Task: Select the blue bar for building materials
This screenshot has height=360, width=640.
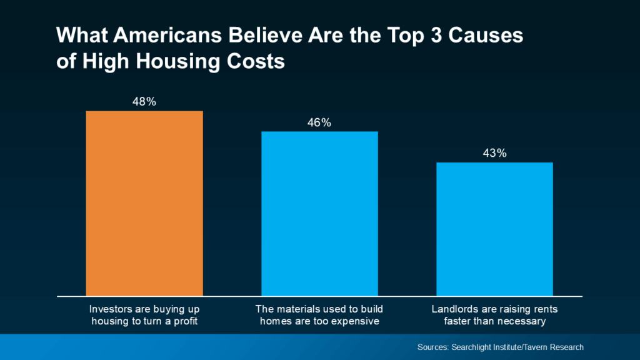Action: point(319,213)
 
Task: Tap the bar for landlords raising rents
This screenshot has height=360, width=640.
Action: point(494,229)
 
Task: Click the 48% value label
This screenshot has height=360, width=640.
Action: point(144,101)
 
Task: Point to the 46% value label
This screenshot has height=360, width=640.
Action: point(319,122)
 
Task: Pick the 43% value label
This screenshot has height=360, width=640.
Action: point(494,153)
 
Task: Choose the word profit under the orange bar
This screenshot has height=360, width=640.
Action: point(184,322)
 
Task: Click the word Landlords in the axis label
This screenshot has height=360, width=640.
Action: point(454,310)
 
